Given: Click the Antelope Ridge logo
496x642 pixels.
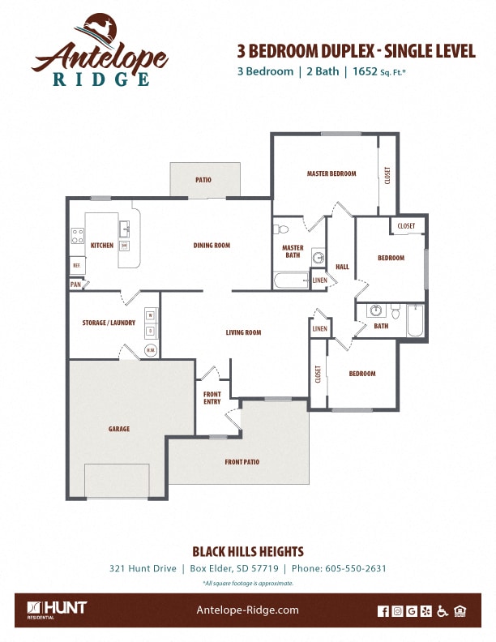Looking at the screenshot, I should click(x=100, y=50).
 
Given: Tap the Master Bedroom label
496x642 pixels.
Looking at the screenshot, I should click(x=331, y=173).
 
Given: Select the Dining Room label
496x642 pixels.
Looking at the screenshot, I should click(x=212, y=245).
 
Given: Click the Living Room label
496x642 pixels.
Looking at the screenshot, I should click(x=243, y=332).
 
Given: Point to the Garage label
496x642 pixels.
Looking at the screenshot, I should click(x=119, y=429).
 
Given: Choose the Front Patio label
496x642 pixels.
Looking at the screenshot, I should click(x=242, y=461).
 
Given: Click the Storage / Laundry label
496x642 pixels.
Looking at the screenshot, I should click(x=109, y=323).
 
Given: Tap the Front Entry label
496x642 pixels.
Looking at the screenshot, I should click(x=212, y=398).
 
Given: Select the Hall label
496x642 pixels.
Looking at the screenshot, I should click(x=342, y=266).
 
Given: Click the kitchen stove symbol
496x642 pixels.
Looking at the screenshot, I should click(x=78, y=237).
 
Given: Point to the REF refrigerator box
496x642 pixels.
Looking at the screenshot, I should click(x=77, y=265).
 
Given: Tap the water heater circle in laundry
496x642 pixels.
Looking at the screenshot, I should click(x=151, y=350).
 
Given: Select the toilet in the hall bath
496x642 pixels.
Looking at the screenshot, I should click(x=395, y=311).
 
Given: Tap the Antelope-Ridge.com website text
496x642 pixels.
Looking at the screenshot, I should click(x=248, y=610).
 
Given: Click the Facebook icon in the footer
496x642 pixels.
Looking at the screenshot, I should click(x=383, y=611).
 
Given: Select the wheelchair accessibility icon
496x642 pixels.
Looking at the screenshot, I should click(x=442, y=611).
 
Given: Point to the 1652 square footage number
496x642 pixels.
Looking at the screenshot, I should click(x=364, y=71).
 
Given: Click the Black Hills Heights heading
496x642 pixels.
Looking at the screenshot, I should click(x=247, y=551).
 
